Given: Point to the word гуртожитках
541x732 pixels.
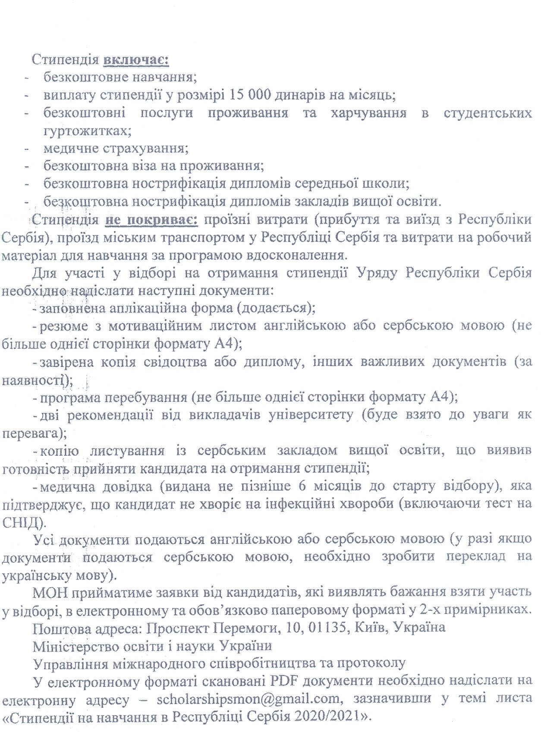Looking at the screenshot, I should pyautogui.click(x=85, y=130).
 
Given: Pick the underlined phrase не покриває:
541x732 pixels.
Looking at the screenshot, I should pyautogui.click(x=151, y=220).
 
